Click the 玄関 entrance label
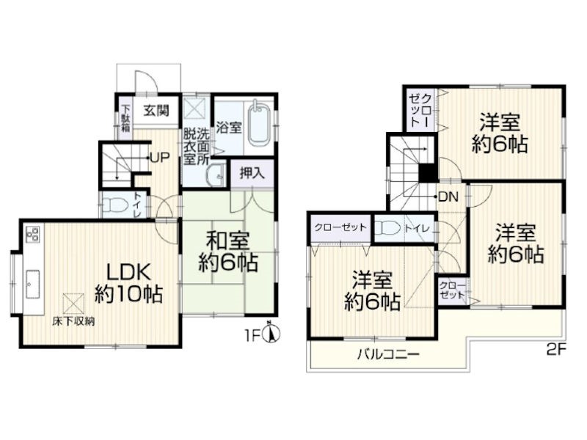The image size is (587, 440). pyautogui.click(x=156, y=111)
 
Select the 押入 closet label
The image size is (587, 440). pyautogui.click(x=252, y=173)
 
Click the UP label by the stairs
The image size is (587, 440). pyautogui.click(x=159, y=158)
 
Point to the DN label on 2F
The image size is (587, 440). pyautogui.click(x=448, y=197)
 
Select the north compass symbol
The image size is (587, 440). pyautogui.click(x=272, y=332)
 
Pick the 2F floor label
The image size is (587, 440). pyautogui.click(x=556, y=350)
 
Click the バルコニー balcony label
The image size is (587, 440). pyautogui.click(x=388, y=353)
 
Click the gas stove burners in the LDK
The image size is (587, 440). pyautogui.click(x=32, y=233)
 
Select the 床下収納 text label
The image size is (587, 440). pyautogui.click(x=73, y=321)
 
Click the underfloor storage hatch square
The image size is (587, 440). pyautogui.click(x=73, y=303)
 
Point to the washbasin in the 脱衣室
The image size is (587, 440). pyautogui.click(x=216, y=175)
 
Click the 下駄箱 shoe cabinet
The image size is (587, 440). pyautogui.click(x=125, y=117)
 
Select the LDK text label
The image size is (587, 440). pyautogui.click(x=129, y=273)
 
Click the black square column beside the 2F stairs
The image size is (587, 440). pyautogui.click(x=427, y=173)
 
